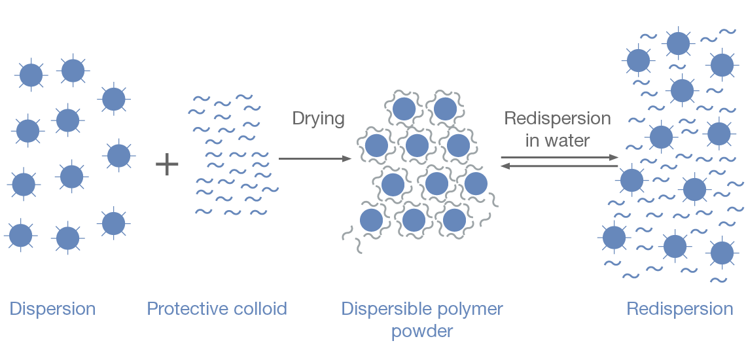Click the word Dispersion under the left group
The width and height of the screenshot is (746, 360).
tap(52, 309)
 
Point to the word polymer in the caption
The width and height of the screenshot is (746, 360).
tap(470, 309)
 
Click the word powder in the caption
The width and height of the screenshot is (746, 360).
tap(422, 331)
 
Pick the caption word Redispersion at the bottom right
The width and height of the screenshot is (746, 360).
tap(680, 309)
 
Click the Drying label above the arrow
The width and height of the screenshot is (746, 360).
tap(318, 118)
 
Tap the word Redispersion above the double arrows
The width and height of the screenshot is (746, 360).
tap(558, 118)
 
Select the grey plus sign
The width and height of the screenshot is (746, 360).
tap(167, 164)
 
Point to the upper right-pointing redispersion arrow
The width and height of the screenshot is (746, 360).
tap(559, 158)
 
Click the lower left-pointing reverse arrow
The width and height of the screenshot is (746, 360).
tap(559, 167)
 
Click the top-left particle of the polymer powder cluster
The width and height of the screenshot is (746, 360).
tap(404, 109)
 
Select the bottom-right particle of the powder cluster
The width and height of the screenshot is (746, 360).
tap(454, 220)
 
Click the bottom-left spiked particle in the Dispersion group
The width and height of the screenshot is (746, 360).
tap(20, 235)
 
